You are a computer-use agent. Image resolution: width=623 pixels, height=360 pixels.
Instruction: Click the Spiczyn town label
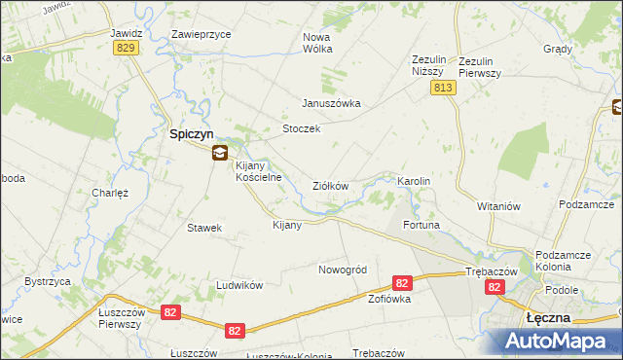coord(191,134)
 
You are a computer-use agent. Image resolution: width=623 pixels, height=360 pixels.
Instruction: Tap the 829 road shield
coord(124,48)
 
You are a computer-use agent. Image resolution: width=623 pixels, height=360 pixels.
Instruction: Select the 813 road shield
coord(444,88)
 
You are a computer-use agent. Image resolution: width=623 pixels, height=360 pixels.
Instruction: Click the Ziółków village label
coord(330,186)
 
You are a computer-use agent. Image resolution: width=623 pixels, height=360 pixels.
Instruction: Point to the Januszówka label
coord(331,103)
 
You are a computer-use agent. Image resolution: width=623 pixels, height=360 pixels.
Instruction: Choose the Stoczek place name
coord(301,129)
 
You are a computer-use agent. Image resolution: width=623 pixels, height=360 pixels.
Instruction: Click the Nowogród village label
coord(342,270)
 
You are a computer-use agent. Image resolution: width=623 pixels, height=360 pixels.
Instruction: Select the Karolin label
coord(414,182)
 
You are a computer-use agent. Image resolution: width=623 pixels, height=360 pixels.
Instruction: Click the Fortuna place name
coord(422,225)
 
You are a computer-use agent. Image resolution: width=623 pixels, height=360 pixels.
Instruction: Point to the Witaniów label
coord(500,206)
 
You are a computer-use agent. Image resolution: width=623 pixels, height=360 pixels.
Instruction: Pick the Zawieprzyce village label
coord(201,33)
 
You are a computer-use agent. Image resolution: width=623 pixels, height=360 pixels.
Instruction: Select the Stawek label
coord(204,228)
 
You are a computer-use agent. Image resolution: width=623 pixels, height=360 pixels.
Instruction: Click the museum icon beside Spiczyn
coord(221,152)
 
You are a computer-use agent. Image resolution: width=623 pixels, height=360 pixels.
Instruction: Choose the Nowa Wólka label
coord(317,42)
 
